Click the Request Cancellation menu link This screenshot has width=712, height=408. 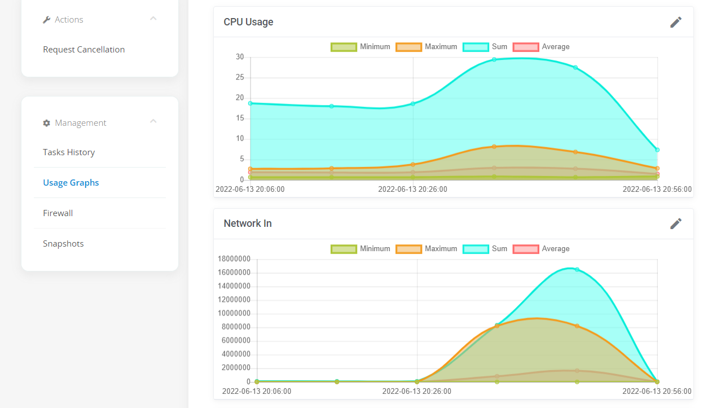83,50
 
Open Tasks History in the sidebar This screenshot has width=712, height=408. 69,152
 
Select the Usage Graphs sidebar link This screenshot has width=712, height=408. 71,183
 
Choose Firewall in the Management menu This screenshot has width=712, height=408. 58,213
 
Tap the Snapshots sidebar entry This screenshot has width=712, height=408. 63,244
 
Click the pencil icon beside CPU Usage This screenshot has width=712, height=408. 676,22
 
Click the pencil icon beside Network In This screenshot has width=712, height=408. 676,224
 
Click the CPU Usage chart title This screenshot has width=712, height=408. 248,22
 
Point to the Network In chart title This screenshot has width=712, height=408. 248,223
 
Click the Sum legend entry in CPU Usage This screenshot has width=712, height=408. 485,47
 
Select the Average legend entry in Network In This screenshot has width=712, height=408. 541,249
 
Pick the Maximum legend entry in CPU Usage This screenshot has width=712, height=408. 427,47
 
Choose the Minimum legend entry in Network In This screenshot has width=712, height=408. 361,249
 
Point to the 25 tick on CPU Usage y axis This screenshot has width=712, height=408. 240,77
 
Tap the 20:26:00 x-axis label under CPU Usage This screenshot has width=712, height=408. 412,190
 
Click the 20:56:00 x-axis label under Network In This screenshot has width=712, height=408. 657,392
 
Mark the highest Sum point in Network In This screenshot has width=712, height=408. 577,269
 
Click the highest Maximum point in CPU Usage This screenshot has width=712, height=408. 494,147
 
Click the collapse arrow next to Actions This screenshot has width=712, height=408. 153,19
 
